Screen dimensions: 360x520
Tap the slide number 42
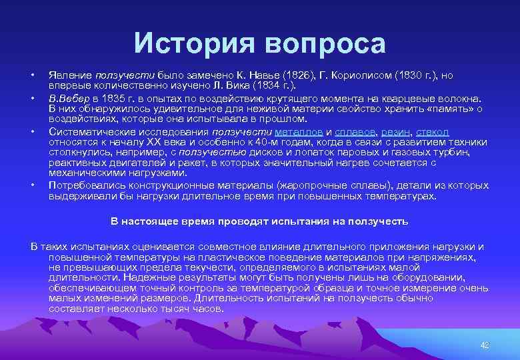pos(485,345)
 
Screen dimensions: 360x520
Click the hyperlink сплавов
pos(355,132)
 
